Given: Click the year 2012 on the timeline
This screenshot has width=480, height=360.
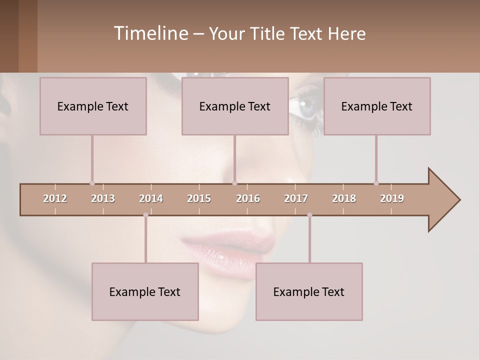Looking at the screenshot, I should [x=55, y=198].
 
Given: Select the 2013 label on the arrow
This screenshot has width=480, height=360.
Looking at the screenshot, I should [x=103, y=198].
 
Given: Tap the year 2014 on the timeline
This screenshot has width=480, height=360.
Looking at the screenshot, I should [x=151, y=198].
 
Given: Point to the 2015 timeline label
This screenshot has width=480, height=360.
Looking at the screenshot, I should [x=199, y=198].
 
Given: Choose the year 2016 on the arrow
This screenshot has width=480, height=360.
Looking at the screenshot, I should [x=248, y=198].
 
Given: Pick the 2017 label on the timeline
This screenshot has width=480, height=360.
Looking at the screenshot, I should [x=296, y=198].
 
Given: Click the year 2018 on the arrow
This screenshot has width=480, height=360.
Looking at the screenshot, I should [x=344, y=198].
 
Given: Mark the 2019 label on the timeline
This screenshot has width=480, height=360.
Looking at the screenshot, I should [x=392, y=198].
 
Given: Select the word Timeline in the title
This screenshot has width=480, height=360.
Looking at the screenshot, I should [x=150, y=33].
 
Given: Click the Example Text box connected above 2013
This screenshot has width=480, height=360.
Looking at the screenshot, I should [x=93, y=106].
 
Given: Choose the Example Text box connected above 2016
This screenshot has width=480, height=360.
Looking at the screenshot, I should [x=235, y=106].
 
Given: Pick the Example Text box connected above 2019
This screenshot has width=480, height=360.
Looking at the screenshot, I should [x=377, y=106].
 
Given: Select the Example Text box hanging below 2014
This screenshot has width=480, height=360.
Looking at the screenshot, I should [x=145, y=291].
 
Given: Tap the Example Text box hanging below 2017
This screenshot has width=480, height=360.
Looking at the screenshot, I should [x=309, y=291].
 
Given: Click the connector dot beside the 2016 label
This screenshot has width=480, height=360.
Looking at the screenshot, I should [x=235, y=183].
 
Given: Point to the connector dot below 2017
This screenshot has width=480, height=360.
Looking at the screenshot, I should [x=309, y=215].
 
